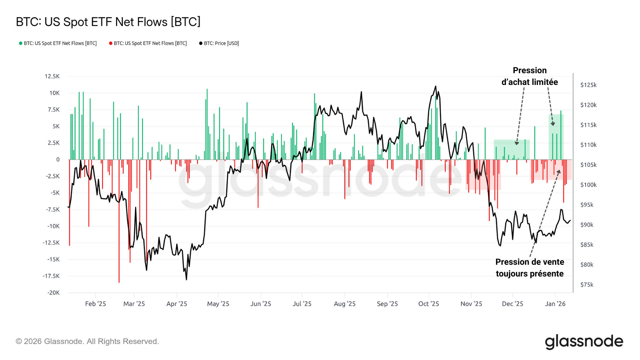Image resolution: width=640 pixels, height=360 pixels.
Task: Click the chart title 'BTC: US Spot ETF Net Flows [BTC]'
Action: pyautogui.click(x=108, y=22)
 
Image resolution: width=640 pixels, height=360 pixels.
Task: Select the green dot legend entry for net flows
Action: pyautogui.click(x=58, y=43)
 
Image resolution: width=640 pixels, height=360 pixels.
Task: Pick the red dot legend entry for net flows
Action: pyautogui.click(x=148, y=43)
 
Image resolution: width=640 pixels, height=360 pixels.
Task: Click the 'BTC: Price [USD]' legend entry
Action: pyautogui.click(x=219, y=43)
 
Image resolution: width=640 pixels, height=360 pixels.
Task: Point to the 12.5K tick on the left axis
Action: pyautogui.click(x=52, y=76)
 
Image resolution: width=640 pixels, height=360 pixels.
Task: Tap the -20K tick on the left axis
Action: pyautogui.click(x=53, y=293)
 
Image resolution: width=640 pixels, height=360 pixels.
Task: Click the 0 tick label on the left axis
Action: pyautogui.click(x=58, y=160)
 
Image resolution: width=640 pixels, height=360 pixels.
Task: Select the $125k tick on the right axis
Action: pyautogui.click(x=588, y=85)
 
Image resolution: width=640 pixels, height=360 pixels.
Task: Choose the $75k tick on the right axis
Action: pyautogui.click(x=587, y=285)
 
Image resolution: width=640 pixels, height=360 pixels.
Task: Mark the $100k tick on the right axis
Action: pyautogui.click(x=588, y=185)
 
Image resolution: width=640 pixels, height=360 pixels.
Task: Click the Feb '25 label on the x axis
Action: pyautogui.click(x=95, y=304)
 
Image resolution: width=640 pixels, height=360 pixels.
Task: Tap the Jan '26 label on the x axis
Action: pyautogui.click(x=555, y=304)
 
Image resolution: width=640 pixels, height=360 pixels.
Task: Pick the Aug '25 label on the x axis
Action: pyautogui.click(x=345, y=304)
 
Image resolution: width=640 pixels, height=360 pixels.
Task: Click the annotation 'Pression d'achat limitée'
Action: pyautogui.click(x=529, y=76)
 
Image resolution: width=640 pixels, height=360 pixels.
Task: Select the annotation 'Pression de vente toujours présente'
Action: pyautogui.click(x=529, y=268)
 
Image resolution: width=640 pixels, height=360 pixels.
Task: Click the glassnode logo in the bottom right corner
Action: pyautogui.click(x=584, y=342)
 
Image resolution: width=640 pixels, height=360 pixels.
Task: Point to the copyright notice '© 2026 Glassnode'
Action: pyautogui.click(x=87, y=342)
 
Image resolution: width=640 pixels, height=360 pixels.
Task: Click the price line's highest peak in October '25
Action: pyautogui.click(x=436, y=86)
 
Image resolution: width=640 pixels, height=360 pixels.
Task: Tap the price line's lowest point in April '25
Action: pyautogui.click(x=186, y=279)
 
